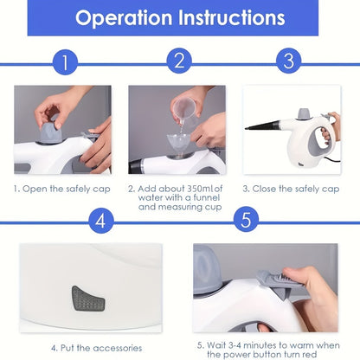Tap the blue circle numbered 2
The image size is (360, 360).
pos(178,61)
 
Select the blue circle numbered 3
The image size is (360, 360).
pos(289,61)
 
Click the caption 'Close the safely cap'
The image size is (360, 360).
pos(290,188)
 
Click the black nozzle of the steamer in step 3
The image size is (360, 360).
pos(265,127)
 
